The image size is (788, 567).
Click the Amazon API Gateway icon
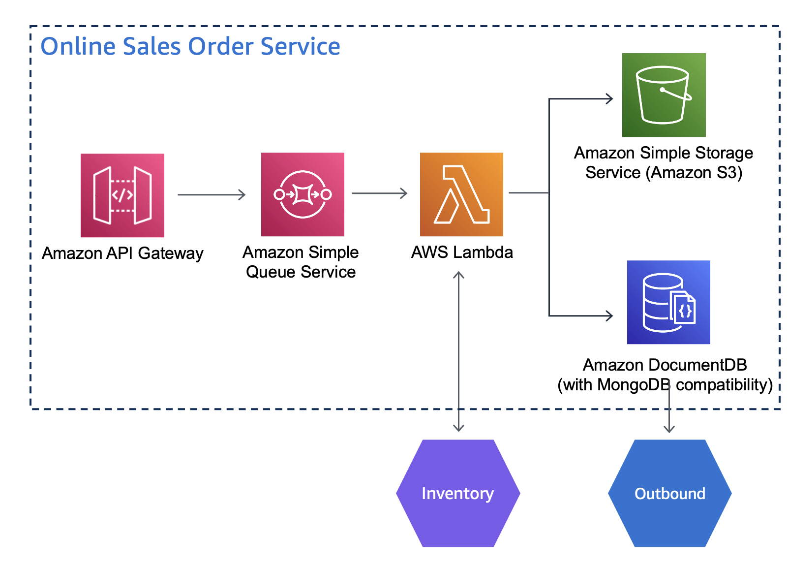122,195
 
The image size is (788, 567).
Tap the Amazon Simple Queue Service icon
303,194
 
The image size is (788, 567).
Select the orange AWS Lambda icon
461,194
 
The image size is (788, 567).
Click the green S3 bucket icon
664,95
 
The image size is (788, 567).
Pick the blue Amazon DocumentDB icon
668,302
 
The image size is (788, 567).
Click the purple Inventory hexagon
458,493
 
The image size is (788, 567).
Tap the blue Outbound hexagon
669,493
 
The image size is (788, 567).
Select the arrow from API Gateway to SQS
212,195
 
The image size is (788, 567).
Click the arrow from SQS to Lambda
379,193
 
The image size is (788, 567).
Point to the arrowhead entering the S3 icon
610,99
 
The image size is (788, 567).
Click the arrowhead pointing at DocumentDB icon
610,315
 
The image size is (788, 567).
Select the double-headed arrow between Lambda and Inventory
458,351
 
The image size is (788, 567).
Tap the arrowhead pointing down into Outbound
669,428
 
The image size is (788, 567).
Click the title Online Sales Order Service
190,47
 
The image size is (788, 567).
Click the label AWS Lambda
462,252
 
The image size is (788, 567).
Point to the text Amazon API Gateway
122,253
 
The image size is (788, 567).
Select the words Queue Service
301,272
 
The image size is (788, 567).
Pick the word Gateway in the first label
171,253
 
